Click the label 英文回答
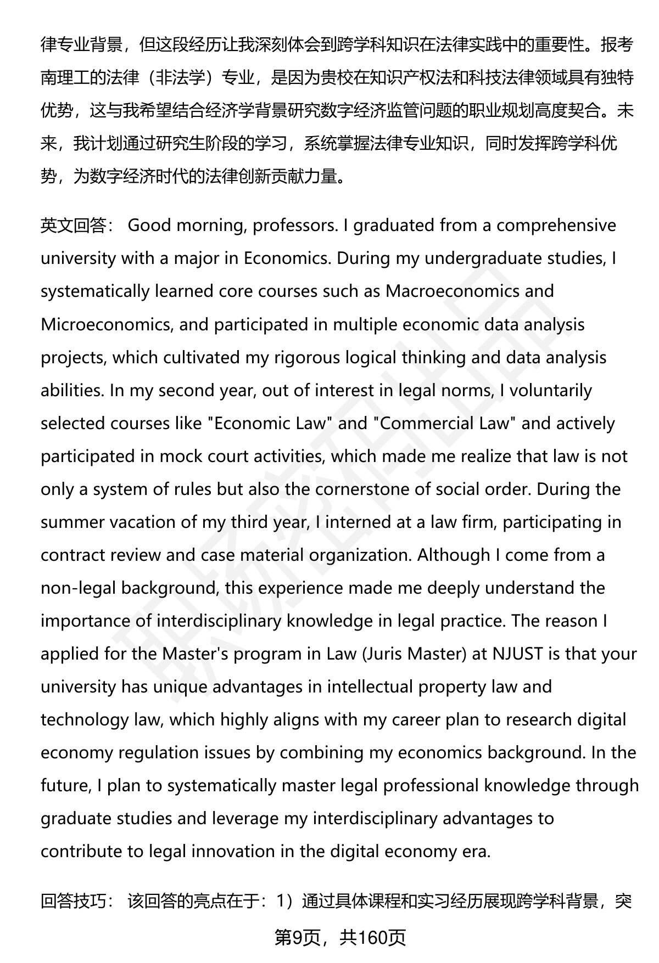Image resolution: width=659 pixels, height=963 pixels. (75, 226)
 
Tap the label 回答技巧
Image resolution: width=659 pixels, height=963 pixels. (75, 900)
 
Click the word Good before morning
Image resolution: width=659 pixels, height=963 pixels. (149, 226)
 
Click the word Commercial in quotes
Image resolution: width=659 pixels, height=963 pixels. (425, 423)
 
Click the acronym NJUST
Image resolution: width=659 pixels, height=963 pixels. (518, 654)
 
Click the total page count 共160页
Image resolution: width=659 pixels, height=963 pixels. (372, 938)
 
